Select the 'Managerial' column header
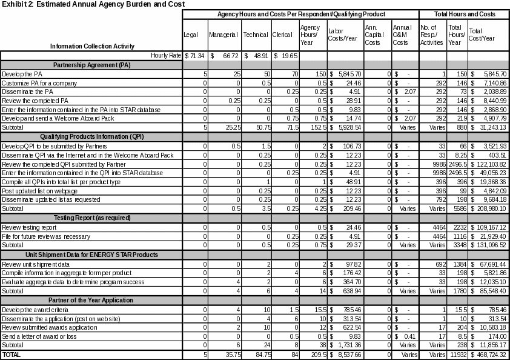pyautogui.click(x=224, y=35)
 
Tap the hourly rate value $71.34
pyautogui.click(x=195, y=55)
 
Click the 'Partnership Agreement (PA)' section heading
pyautogui.click(x=91, y=64)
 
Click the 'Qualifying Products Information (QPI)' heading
pyautogui.click(x=91, y=137)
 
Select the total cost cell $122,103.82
pyautogui.click(x=488, y=164)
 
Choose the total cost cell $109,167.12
pyautogui.click(x=488, y=227)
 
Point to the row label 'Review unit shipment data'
pyautogui.click(x=35, y=264)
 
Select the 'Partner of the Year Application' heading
pyautogui.click(x=91, y=300)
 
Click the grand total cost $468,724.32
pyautogui.click(x=488, y=354)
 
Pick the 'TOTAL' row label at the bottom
pyautogui.click(x=12, y=354)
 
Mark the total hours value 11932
pyautogui.click(x=456, y=354)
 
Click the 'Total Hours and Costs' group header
pyautogui.click(x=463, y=13)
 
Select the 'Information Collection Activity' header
pyautogui.click(x=92, y=45)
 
